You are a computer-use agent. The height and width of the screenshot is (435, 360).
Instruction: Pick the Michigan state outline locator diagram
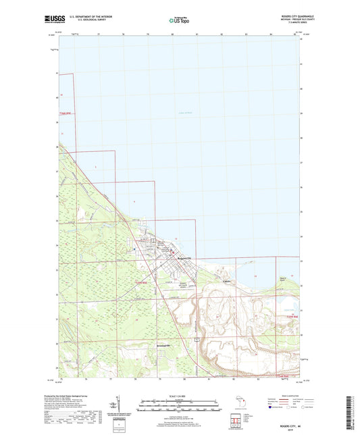coord(238,405)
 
